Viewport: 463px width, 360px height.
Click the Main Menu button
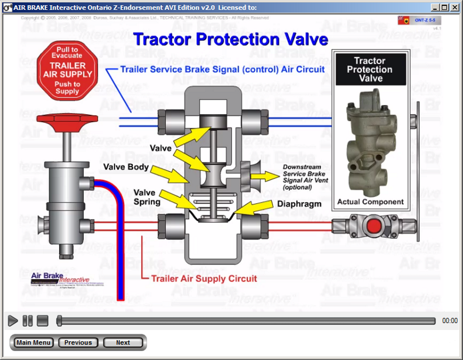point(34,343)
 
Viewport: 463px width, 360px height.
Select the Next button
point(123,343)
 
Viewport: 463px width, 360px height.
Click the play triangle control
point(12,321)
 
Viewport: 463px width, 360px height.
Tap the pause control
point(28,321)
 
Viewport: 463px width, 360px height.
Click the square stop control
point(43,321)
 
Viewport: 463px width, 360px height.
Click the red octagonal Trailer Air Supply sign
point(67,71)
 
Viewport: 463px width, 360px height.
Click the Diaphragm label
point(299,204)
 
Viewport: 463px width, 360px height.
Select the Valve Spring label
point(147,197)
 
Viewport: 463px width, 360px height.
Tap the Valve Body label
point(126,167)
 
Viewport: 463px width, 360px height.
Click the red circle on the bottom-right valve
point(374,226)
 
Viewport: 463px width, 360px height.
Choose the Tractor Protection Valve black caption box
point(370,70)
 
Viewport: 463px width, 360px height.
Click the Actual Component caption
point(370,202)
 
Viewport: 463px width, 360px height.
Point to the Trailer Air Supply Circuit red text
point(204,279)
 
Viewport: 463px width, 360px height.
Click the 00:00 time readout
point(450,321)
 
